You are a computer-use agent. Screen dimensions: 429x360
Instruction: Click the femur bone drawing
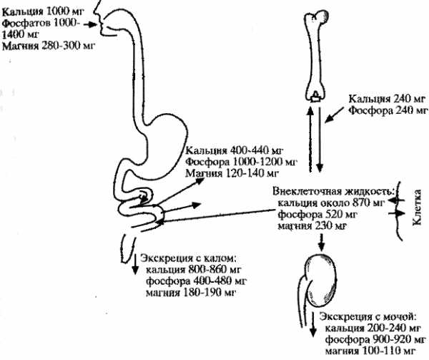click(314, 55)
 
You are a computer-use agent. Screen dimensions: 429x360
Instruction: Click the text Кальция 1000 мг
click(43, 11)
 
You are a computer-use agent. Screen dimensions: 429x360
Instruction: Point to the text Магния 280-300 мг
click(49, 46)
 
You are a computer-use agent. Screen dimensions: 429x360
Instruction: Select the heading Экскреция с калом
click(187, 258)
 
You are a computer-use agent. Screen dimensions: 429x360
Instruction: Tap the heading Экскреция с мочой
click(368, 317)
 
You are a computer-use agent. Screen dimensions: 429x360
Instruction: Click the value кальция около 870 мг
click(331, 203)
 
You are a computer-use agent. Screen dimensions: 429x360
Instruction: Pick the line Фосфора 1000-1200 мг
click(241, 162)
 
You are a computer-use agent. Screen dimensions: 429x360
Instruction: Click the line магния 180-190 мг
click(191, 293)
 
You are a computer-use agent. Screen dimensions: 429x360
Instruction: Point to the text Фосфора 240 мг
click(388, 110)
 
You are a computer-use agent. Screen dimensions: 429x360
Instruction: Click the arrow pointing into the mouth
click(91, 24)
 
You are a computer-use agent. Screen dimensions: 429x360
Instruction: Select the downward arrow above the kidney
click(322, 243)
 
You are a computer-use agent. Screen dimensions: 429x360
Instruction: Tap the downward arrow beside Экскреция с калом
click(135, 264)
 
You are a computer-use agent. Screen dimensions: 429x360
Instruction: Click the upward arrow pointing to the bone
click(310, 139)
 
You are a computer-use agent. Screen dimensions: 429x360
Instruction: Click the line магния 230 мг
click(312, 226)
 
